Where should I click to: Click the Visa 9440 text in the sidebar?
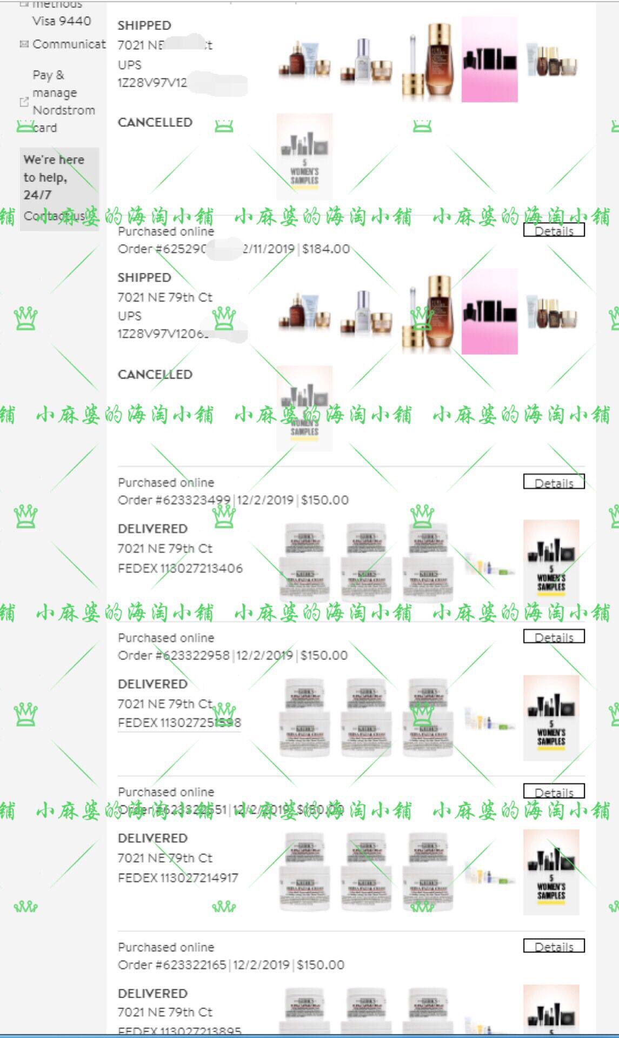coord(62,21)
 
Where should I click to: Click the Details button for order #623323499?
coord(554,482)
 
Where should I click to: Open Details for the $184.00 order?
coord(554,231)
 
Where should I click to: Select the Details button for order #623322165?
coord(554,947)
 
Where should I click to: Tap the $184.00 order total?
coord(326,249)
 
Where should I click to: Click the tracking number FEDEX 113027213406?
coord(180,568)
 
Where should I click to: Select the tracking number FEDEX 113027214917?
coord(178,877)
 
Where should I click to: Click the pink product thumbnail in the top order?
coord(489,59)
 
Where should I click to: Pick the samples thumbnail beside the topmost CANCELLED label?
coord(304,156)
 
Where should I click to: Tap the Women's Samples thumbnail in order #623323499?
coord(551,562)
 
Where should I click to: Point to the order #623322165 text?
coord(172,965)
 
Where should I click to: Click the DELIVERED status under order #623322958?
coord(152,684)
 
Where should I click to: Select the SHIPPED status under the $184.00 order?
coord(144,277)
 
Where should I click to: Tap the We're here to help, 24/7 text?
coord(54,177)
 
